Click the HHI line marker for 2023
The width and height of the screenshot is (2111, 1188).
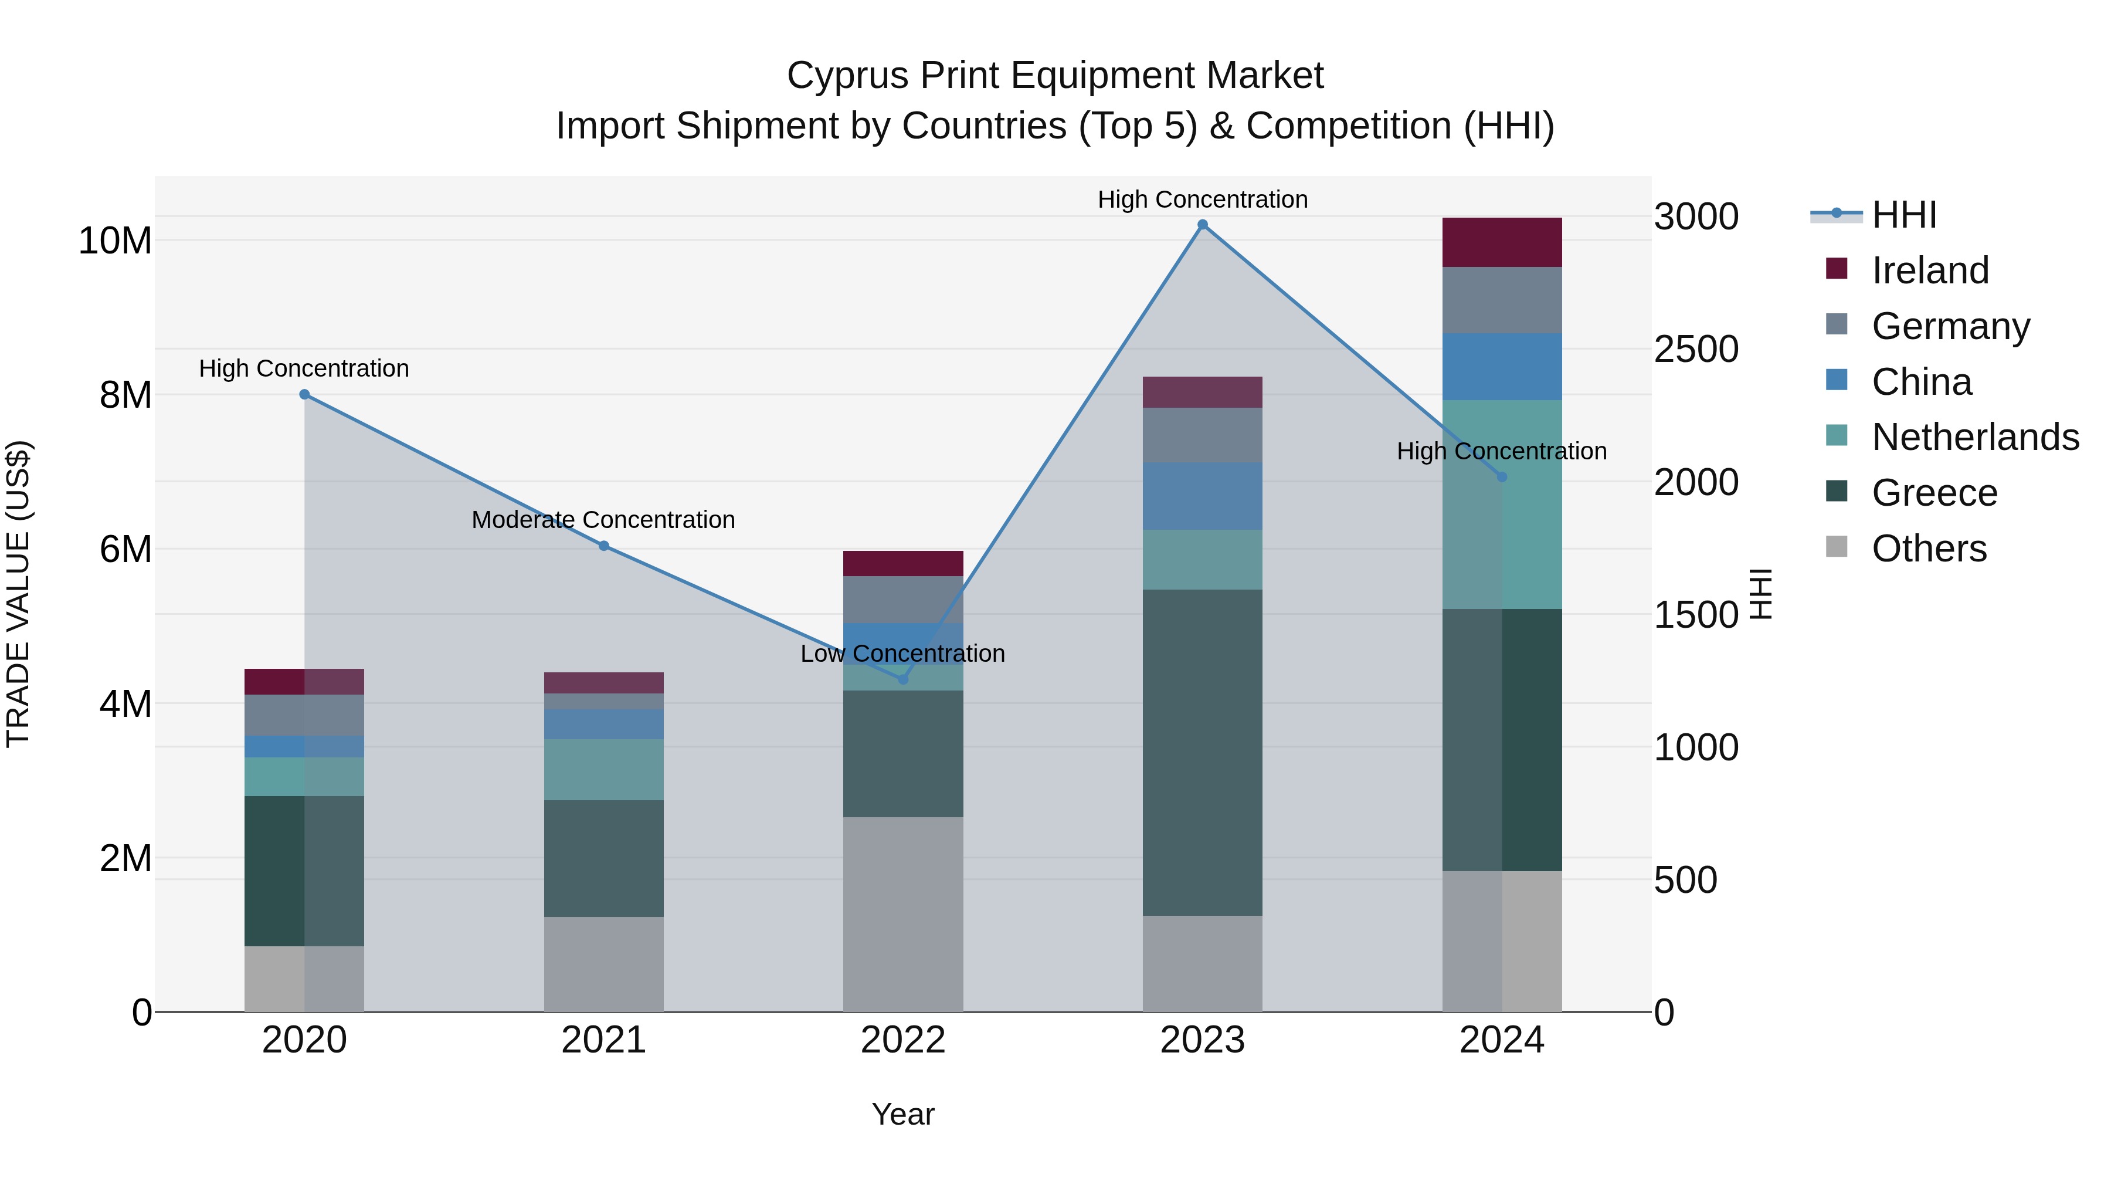click(1202, 225)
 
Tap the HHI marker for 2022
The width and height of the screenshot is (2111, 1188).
click(903, 679)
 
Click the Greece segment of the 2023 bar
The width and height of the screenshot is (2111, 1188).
click(1202, 752)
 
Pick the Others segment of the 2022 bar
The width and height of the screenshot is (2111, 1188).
click(903, 913)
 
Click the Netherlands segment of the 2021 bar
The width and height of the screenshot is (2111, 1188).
click(603, 769)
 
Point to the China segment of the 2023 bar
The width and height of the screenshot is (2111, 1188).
click(1202, 495)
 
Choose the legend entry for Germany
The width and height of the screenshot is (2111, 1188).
click(1950, 326)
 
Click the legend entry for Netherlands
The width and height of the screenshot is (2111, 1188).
click(1975, 437)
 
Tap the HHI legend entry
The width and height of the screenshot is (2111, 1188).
click(1903, 215)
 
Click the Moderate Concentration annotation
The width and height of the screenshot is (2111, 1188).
click(603, 520)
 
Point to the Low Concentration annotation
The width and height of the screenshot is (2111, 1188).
click(902, 654)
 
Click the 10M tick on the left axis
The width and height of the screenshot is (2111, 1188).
click(115, 241)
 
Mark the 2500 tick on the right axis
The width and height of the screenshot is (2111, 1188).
click(1695, 349)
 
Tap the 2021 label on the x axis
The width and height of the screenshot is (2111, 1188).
click(603, 1040)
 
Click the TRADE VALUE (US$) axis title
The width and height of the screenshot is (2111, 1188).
click(18, 594)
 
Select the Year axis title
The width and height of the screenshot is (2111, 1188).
click(902, 1114)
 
